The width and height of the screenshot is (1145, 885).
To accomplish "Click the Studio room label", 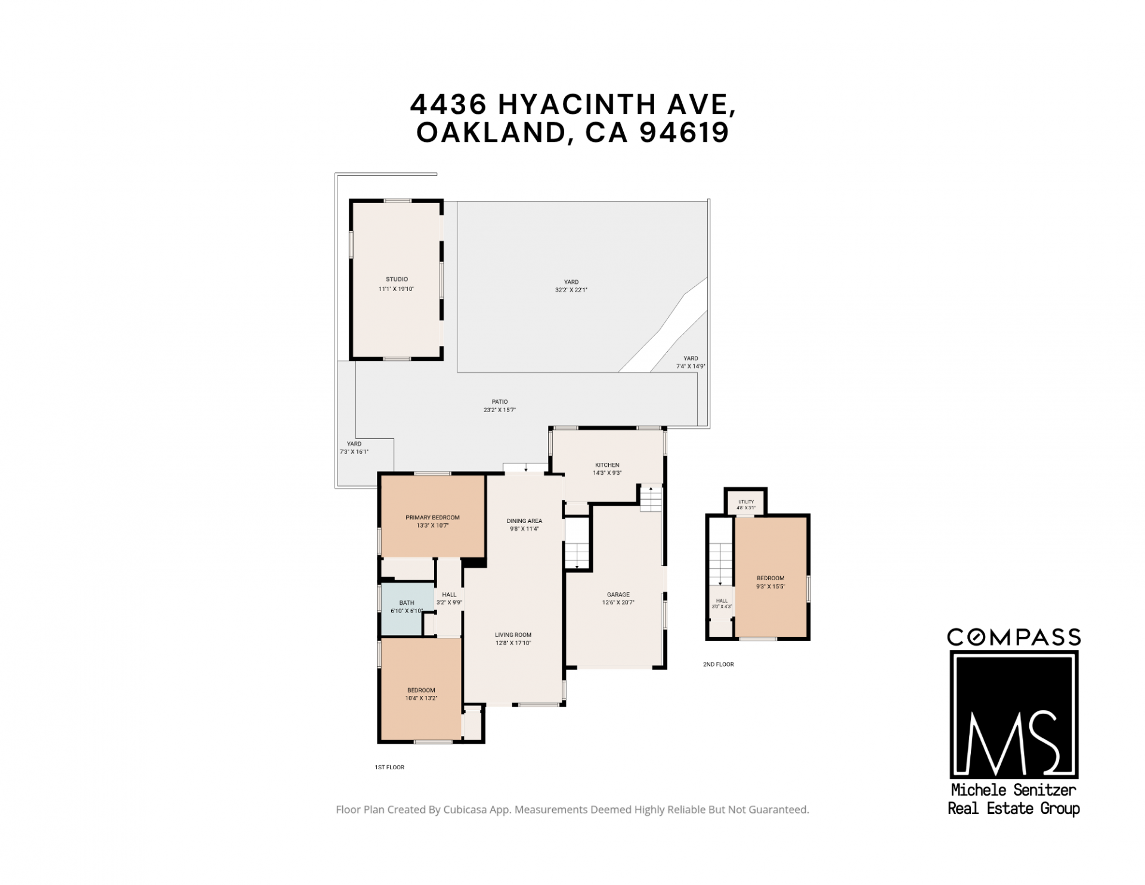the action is coord(397,279).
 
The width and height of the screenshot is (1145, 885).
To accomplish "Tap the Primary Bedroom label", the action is coord(432,518).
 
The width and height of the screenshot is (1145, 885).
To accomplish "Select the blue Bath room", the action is coord(407,608).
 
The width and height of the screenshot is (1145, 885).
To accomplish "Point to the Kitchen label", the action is coord(607,465).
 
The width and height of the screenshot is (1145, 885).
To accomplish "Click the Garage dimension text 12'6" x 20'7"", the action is coord(618,603).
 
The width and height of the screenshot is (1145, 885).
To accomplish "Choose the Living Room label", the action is coord(513,635).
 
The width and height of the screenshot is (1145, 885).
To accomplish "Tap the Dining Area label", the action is coord(524,521).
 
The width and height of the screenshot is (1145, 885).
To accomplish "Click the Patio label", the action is coord(500,402).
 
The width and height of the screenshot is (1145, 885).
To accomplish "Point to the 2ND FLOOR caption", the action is coord(718,664).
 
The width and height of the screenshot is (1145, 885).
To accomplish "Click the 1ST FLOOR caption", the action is coord(389,768).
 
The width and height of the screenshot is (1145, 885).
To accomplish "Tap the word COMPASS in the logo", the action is coord(1014,638).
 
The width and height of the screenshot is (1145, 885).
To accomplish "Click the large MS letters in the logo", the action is coord(1013,743).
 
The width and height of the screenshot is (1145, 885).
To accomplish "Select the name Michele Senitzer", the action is coord(1013,791).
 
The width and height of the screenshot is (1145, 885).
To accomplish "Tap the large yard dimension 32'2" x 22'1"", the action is coord(571,290).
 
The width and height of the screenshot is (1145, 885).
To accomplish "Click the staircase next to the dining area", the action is coord(577,543).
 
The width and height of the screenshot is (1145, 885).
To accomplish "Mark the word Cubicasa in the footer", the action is coord(468,810).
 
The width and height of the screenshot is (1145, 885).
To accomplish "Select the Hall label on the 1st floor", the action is coord(449,595).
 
